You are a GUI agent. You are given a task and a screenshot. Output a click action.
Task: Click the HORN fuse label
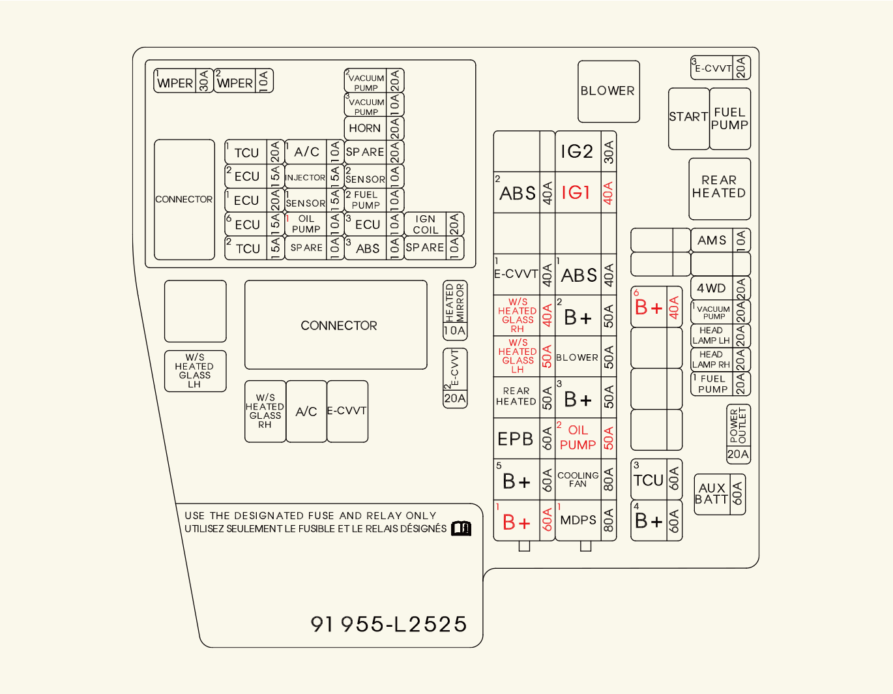click(x=365, y=128)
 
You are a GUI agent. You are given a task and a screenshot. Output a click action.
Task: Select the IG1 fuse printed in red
click(x=576, y=193)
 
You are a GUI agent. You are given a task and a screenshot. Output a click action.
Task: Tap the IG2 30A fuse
click(x=578, y=151)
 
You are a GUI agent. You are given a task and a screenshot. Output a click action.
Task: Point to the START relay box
click(x=688, y=117)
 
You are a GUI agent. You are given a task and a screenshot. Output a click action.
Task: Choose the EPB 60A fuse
click(x=516, y=440)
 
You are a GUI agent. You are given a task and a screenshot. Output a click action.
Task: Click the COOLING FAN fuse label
click(x=578, y=479)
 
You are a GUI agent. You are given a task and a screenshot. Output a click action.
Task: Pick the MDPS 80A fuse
click(x=578, y=520)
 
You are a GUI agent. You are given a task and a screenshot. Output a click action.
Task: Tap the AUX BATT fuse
click(x=712, y=494)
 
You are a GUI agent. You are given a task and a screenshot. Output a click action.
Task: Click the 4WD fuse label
click(x=711, y=288)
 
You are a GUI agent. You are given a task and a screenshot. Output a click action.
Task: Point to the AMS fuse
click(x=712, y=241)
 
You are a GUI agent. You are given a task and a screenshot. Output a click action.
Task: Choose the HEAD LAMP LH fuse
click(x=711, y=336)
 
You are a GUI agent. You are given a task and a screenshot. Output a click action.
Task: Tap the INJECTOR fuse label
click(x=305, y=177)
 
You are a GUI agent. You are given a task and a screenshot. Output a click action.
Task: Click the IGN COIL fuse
click(x=426, y=225)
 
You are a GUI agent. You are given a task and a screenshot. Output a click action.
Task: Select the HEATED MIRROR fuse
click(x=455, y=310)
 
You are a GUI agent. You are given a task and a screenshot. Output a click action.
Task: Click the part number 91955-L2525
click(x=389, y=624)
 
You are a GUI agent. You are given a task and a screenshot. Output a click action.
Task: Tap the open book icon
click(x=461, y=528)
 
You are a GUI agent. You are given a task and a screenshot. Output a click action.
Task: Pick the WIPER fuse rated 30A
click(x=175, y=83)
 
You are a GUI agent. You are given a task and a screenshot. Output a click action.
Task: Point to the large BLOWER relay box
click(x=608, y=91)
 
